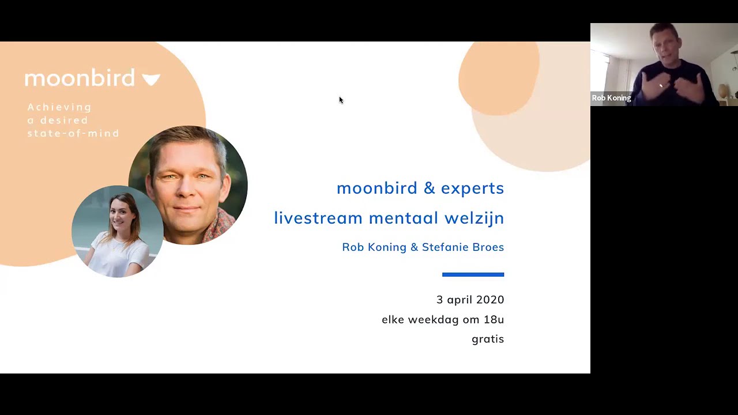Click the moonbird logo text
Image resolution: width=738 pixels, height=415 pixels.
[80, 78]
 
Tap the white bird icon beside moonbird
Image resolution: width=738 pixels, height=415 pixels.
[151, 79]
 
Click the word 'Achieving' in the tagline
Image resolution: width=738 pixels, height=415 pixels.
[59, 107]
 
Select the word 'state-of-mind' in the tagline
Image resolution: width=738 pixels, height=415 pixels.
[73, 133]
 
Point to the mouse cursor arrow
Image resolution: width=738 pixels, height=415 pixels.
[340, 100]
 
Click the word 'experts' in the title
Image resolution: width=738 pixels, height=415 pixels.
[472, 188]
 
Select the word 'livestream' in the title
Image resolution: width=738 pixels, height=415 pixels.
[318, 218]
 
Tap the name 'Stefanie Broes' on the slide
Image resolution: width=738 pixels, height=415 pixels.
[463, 247]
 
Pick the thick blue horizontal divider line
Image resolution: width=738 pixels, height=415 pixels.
[473, 274]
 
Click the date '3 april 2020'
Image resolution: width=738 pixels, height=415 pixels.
[470, 300]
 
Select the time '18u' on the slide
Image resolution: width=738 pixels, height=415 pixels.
[494, 319]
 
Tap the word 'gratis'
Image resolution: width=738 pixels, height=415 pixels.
[488, 339]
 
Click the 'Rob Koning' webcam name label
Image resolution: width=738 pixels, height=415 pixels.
[611, 98]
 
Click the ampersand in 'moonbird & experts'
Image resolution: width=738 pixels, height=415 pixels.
[429, 188]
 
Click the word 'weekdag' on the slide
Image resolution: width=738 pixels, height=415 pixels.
[432, 319]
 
